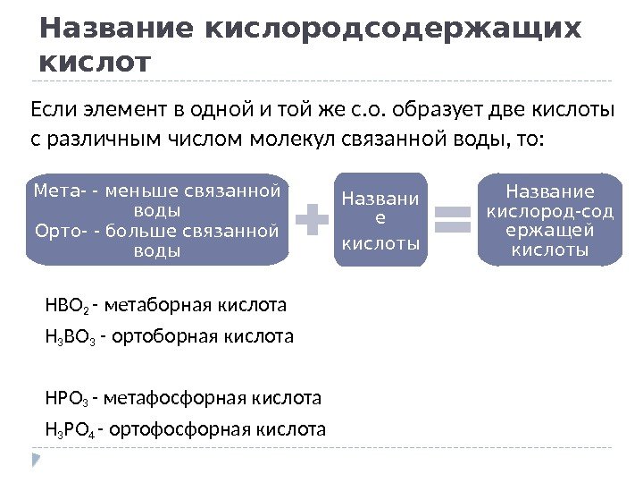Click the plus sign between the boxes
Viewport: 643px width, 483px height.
click(312, 220)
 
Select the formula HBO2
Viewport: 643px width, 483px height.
click(66, 306)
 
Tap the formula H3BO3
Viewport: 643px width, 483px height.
click(70, 337)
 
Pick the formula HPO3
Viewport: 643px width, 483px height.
click(66, 398)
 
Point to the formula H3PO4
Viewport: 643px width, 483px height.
click(70, 429)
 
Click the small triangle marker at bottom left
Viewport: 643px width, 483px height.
click(37, 461)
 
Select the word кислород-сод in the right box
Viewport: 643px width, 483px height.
click(549, 212)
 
